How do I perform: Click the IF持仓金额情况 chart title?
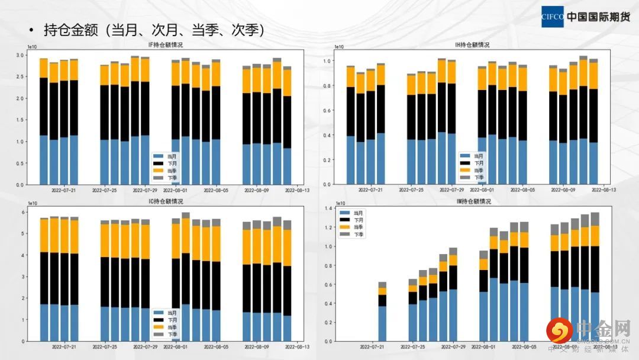tap(165, 45)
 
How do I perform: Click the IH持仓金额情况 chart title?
tap(467, 45)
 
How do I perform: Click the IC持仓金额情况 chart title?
tap(165, 201)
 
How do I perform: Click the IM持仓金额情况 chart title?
tap(467, 201)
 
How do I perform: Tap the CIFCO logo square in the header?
tap(552, 17)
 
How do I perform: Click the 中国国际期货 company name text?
tap(598, 17)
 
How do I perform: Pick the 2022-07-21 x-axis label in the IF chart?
tap(66, 191)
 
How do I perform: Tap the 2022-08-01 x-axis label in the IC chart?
tap(176, 347)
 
